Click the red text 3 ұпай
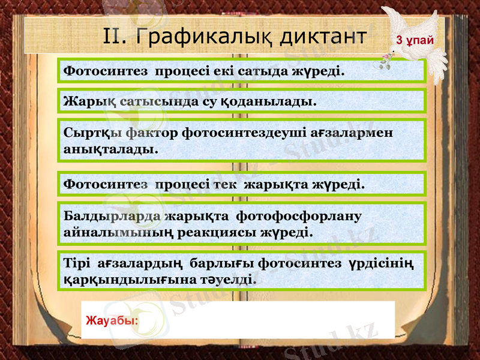pos(413,40)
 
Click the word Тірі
pos(77,263)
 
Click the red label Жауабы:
pos(112,320)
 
